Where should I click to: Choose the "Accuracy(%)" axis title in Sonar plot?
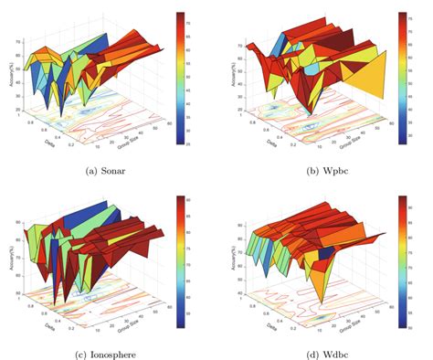pos(17,75)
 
